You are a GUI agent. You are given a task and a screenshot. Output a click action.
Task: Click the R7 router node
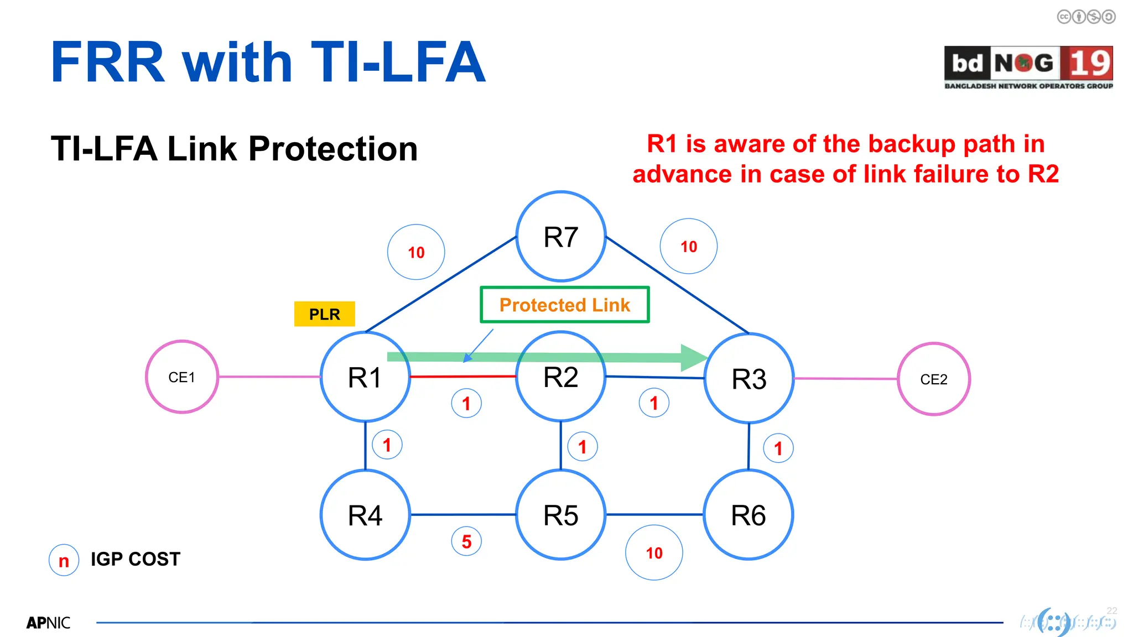coord(560,237)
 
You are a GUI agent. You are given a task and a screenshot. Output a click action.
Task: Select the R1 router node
coord(365,377)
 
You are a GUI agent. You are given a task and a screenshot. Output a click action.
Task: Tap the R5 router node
coord(560,515)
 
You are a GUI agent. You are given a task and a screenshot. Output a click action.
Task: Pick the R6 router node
coord(748,515)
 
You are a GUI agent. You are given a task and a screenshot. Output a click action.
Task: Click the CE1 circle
coord(181,377)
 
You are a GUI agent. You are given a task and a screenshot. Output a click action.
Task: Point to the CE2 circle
coord(933,379)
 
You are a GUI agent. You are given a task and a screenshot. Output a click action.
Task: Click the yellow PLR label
coord(324,314)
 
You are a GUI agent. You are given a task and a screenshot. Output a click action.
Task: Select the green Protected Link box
coord(564,305)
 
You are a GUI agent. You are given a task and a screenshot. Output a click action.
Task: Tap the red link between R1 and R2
coord(462,377)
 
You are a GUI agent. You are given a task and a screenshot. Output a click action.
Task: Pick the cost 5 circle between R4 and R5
coord(466,541)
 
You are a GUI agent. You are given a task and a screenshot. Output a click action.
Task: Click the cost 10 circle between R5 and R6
coord(654,552)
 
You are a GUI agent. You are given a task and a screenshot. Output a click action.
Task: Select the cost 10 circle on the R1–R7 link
coord(416,252)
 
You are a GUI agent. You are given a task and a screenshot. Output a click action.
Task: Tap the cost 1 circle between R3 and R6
coord(778,448)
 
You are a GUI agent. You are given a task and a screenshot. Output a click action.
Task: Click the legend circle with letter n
coord(64,560)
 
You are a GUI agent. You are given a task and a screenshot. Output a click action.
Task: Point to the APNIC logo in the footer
coord(49,623)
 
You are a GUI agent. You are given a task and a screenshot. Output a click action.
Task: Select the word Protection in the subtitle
coord(332,149)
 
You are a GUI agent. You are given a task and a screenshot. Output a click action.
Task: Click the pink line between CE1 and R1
coord(269,377)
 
